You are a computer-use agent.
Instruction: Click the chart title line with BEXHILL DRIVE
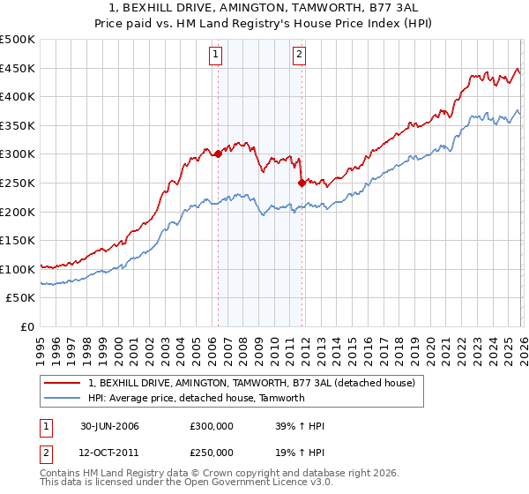click(x=264, y=6)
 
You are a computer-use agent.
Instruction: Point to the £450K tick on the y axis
click(x=18, y=68)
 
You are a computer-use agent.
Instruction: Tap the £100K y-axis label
click(x=18, y=269)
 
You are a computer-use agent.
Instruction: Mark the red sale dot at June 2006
click(x=218, y=154)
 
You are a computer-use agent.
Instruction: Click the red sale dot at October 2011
click(x=301, y=183)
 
